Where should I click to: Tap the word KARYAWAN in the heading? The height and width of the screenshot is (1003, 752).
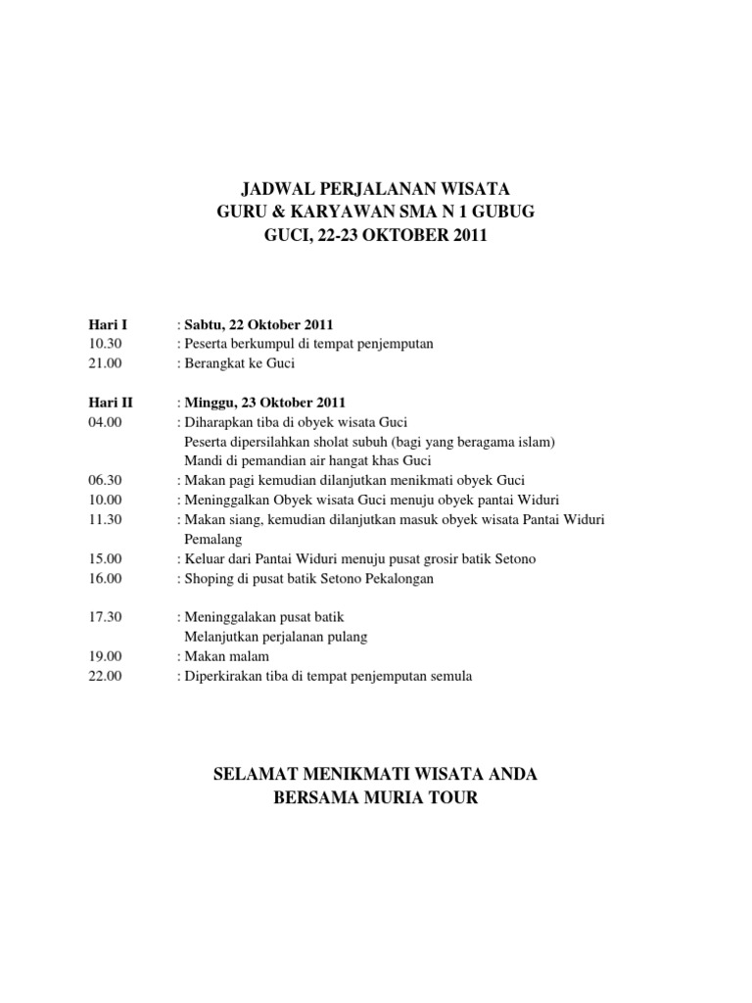[332, 213]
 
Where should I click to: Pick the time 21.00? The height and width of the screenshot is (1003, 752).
[104, 363]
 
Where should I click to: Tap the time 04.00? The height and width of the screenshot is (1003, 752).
[104, 422]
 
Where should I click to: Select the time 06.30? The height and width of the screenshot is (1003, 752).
[104, 480]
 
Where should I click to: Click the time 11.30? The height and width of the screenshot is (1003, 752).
[104, 519]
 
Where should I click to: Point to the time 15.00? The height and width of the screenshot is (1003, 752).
[104, 558]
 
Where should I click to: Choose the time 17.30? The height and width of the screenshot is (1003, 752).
[104, 617]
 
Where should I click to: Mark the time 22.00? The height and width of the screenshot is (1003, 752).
[104, 676]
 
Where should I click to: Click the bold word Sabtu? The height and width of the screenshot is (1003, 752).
[205, 324]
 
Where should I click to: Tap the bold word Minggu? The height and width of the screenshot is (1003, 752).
[211, 403]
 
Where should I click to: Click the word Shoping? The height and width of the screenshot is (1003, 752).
[207, 578]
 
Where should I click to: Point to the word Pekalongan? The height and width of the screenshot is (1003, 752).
[391, 578]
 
